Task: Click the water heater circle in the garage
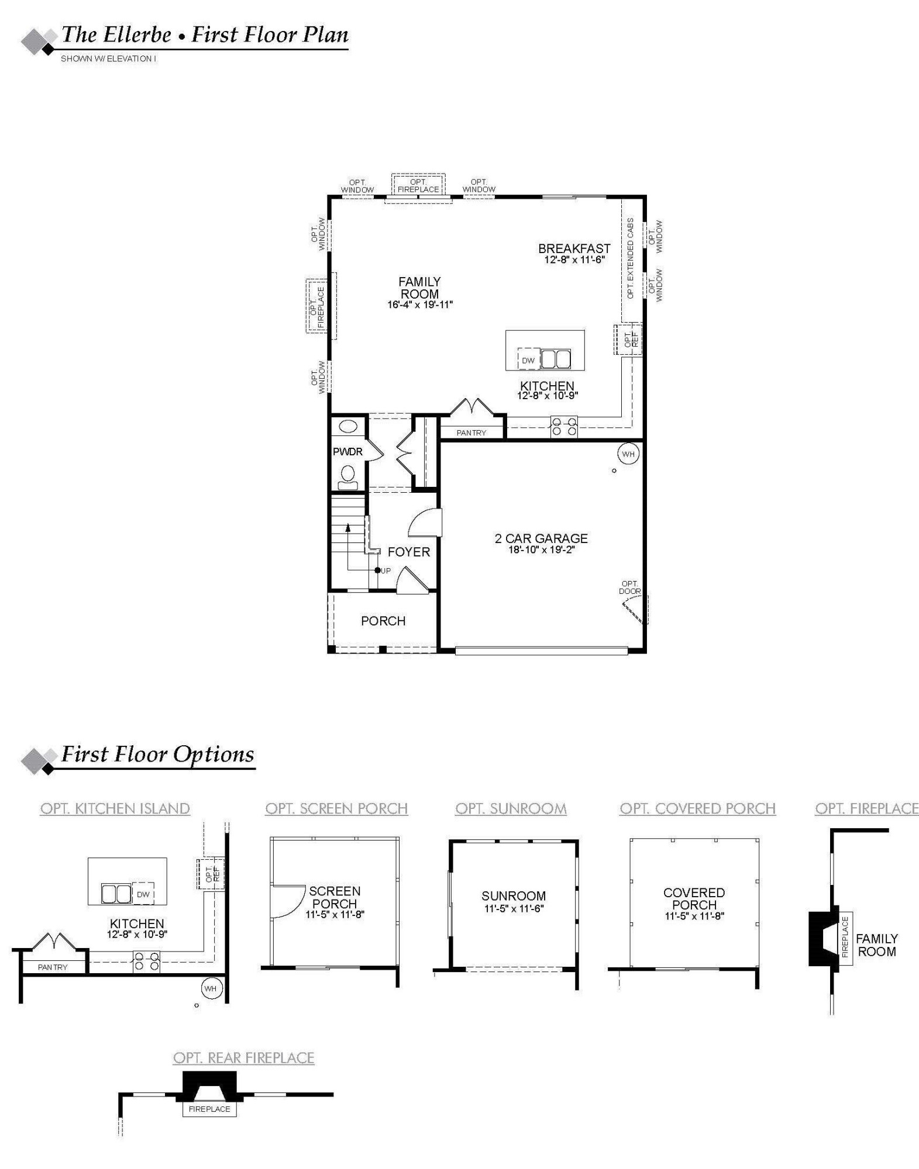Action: click(628, 454)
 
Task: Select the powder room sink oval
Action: click(348, 426)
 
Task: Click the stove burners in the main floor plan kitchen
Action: click(564, 426)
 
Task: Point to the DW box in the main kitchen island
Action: click(528, 360)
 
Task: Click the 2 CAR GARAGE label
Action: click(541, 538)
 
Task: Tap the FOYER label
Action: click(408, 552)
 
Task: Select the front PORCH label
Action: click(383, 621)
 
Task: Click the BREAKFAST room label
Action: click(574, 248)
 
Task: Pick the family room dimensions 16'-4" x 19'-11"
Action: click(420, 305)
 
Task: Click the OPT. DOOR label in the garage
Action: click(630, 587)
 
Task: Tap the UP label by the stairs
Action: click(386, 570)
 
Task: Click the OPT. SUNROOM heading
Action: click(511, 808)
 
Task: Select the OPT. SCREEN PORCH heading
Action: click(336, 808)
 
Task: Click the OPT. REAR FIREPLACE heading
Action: click(244, 1057)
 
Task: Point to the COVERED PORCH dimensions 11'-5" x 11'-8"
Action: click(694, 916)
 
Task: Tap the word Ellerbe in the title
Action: click(138, 35)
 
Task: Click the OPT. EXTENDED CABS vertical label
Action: click(631, 258)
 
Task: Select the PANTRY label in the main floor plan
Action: click(471, 433)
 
